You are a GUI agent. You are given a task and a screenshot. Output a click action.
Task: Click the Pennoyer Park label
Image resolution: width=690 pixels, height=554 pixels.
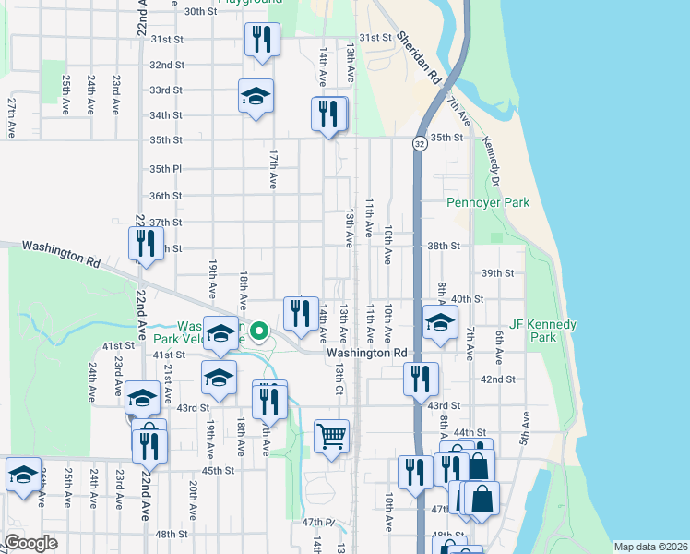(x=488, y=202)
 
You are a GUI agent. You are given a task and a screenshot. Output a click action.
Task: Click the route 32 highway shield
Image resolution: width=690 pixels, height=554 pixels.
(x=420, y=144)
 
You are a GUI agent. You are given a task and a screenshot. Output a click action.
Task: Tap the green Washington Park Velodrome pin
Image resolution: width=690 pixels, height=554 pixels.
(x=260, y=330)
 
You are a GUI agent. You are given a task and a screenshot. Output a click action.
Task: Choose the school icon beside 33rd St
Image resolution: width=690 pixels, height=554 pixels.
(x=256, y=95)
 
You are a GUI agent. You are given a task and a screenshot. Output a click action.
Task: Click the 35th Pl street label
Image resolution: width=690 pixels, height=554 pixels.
(x=166, y=169)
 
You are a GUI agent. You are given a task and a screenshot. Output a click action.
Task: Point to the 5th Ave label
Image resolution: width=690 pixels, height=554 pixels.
(x=524, y=428)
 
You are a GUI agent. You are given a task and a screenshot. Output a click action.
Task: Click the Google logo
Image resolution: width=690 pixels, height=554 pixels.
(x=30, y=543)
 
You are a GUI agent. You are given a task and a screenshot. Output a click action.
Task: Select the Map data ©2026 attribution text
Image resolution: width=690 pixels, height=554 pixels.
(x=649, y=547)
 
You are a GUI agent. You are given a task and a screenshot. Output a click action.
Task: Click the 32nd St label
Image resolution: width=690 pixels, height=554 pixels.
(x=166, y=66)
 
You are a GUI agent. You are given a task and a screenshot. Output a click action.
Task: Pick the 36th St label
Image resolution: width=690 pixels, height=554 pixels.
(x=166, y=196)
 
